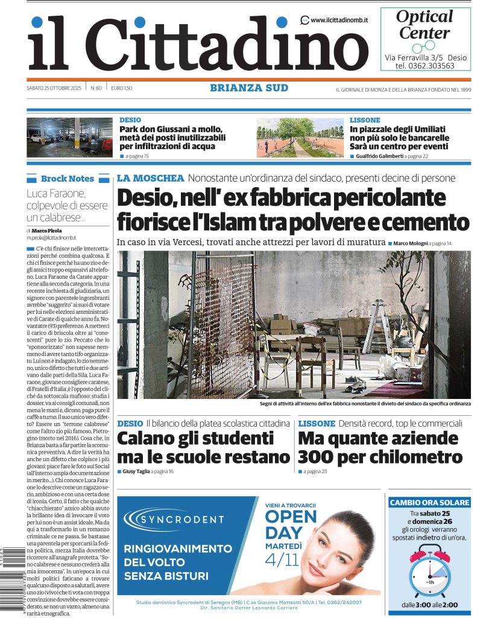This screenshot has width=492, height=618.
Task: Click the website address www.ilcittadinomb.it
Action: (x=339, y=20)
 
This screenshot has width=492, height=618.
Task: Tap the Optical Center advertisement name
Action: (x=424, y=24)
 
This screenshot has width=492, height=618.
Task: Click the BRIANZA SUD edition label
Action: (x=249, y=88)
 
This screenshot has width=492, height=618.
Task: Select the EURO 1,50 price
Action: (x=121, y=89)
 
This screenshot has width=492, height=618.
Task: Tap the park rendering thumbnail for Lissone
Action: (x=300, y=138)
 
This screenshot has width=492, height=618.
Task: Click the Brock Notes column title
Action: (x=67, y=179)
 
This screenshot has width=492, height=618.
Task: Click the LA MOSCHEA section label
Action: (x=150, y=178)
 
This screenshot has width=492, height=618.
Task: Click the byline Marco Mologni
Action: (x=411, y=243)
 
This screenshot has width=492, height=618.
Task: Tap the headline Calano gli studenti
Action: (x=195, y=438)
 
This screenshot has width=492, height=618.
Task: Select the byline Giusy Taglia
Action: (x=136, y=471)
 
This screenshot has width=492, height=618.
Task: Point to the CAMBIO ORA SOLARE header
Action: (x=429, y=502)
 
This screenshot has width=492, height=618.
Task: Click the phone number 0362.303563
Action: (x=433, y=66)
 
